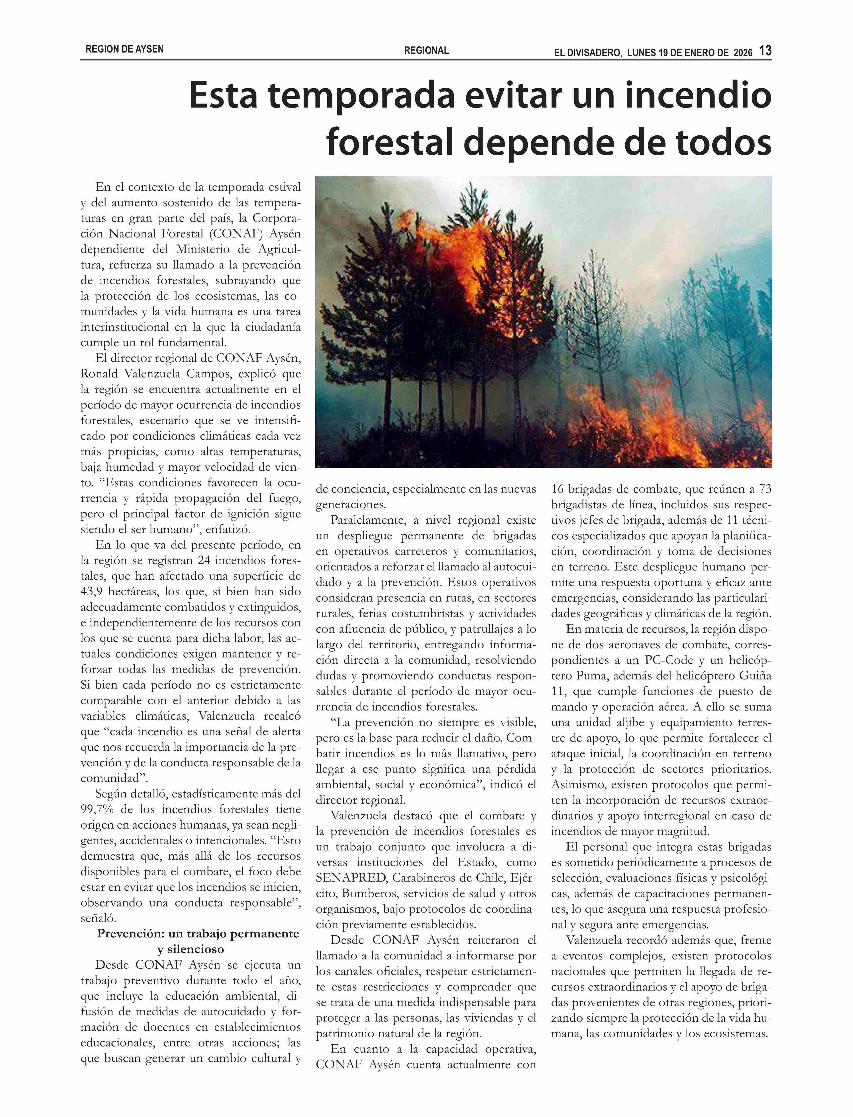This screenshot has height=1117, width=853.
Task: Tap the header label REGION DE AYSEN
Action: click(x=124, y=49)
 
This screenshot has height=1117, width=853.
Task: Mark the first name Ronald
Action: click(x=99, y=374)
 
